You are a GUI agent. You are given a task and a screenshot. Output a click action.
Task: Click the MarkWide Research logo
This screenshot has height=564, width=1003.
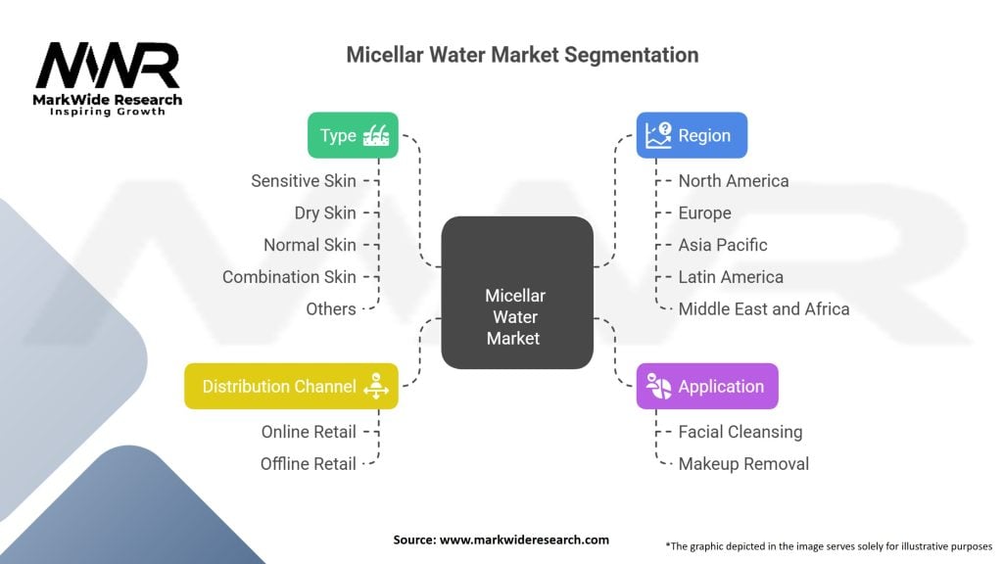pyautogui.click(x=109, y=78)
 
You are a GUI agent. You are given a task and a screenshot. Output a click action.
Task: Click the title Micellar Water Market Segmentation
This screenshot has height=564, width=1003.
pyautogui.click(x=522, y=55)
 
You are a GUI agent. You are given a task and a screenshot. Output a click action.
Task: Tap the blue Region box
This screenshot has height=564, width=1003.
pyautogui.click(x=692, y=135)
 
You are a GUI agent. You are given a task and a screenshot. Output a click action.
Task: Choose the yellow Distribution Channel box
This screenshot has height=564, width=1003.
pyautogui.click(x=291, y=386)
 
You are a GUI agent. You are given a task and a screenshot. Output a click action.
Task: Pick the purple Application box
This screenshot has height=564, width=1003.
pyautogui.click(x=707, y=386)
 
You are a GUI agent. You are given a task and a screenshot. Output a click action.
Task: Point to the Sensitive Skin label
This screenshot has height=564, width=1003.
pyautogui.click(x=299, y=181)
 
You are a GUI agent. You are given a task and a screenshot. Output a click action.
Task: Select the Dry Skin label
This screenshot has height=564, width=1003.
pyautogui.click(x=325, y=212)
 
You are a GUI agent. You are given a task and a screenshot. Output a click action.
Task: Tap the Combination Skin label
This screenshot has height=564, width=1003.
pyautogui.click(x=289, y=277)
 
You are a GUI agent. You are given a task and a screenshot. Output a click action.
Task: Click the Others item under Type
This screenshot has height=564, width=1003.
pyautogui.click(x=331, y=308)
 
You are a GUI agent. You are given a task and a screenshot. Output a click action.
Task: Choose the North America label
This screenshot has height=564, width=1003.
pyautogui.click(x=733, y=181)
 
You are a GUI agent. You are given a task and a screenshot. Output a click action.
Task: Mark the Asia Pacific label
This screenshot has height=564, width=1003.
pyautogui.click(x=722, y=245)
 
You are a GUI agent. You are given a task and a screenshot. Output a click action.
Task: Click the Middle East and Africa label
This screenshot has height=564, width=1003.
pyautogui.click(x=763, y=308)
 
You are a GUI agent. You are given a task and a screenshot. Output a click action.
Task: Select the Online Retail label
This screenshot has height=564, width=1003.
pyautogui.click(x=309, y=432)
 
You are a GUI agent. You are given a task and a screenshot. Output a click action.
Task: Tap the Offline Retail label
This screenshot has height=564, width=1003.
pyautogui.click(x=309, y=463)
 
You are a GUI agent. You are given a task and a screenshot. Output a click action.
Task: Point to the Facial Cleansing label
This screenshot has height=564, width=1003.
pyautogui.click(x=740, y=432)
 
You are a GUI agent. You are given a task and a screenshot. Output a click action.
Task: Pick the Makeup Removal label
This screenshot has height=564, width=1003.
pyautogui.click(x=743, y=463)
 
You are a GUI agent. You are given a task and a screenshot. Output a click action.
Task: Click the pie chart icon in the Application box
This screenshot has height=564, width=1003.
pyautogui.click(x=658, y=386)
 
